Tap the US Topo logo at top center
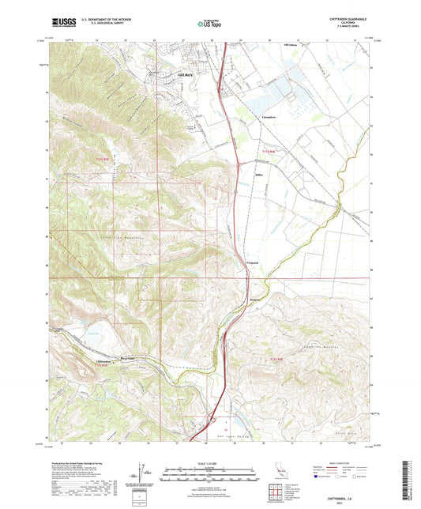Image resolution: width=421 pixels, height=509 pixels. click(210, 24)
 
